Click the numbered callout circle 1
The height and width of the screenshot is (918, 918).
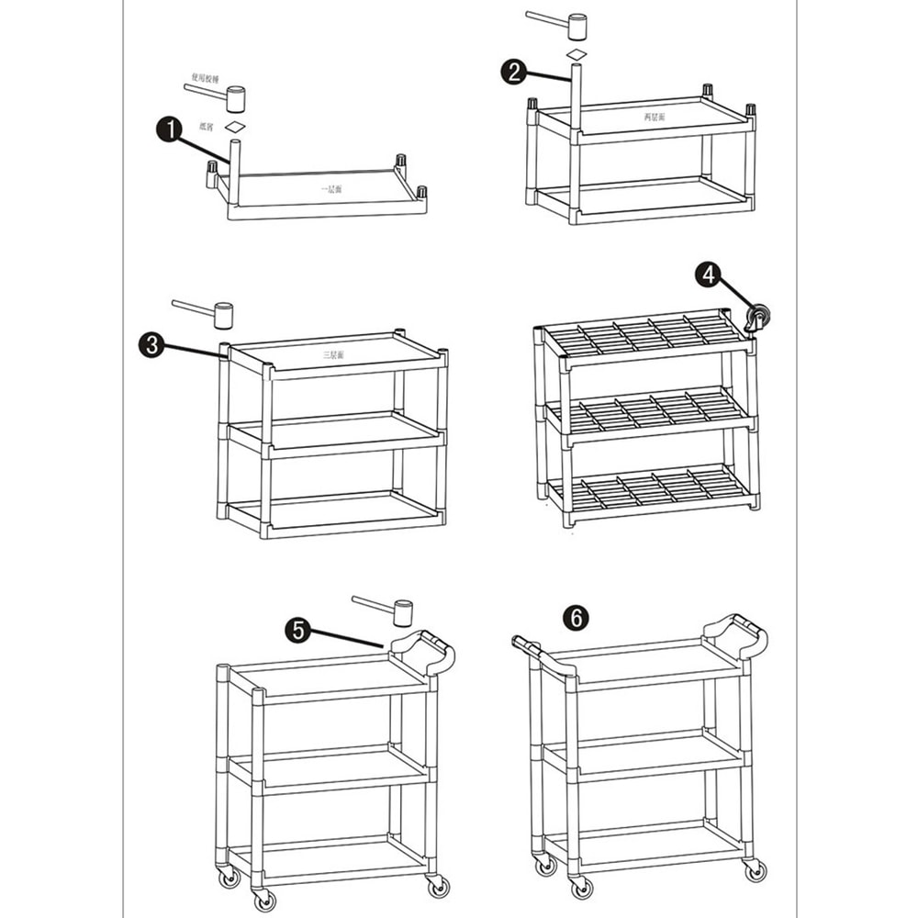click(x=168, y=130)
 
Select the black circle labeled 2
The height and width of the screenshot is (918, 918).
click(x=514, y=72)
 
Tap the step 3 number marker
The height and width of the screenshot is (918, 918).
click(x=151, y=345)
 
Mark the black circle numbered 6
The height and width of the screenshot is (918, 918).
click(x=576, y=618)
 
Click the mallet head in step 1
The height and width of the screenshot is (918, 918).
click(x=236, y=98)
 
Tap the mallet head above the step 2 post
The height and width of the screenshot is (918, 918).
click(x=577, y=27)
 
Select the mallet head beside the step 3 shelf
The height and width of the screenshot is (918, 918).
click(x=222, y=317)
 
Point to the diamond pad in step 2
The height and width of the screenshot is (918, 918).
click(x=576, y=56)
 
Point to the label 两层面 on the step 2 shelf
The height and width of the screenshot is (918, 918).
click(x=655, y=118)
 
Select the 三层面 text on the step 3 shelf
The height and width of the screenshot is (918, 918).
click(x=332, y=353)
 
